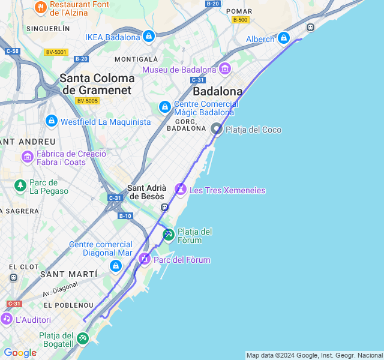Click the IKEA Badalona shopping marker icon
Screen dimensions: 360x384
point(148,37)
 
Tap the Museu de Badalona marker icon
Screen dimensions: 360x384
point(225,69)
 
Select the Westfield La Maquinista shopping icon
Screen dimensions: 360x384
point(51,121)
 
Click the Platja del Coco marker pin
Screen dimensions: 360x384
point(217,128)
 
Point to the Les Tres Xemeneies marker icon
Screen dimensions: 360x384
point(180,190)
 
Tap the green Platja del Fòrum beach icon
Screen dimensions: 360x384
point(169,235)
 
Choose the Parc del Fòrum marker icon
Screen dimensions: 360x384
point(144,259)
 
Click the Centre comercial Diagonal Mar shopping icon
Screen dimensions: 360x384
point(115,265)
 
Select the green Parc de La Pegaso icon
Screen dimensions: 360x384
point(20,185)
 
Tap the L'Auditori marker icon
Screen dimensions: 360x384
point(7,319)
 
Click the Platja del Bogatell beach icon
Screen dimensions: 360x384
point(82,338)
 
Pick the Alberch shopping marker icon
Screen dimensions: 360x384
point(284,38)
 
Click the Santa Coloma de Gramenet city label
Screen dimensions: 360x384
point(97,84)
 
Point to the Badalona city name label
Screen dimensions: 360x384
point(218,92)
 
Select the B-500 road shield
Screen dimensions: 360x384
point(241,20)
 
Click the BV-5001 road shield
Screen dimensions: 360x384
point(56,52)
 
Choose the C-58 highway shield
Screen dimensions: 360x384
point(13,51)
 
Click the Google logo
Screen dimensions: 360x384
point(20,353)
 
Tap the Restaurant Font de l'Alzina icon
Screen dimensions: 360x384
point(41,7)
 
